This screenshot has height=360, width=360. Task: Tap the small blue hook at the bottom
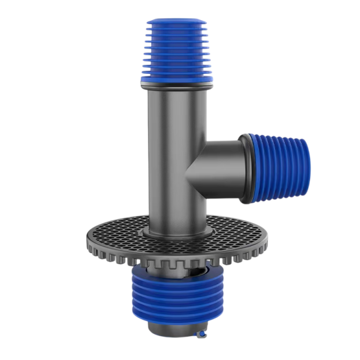pyautogui.click(x=203, y=336)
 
